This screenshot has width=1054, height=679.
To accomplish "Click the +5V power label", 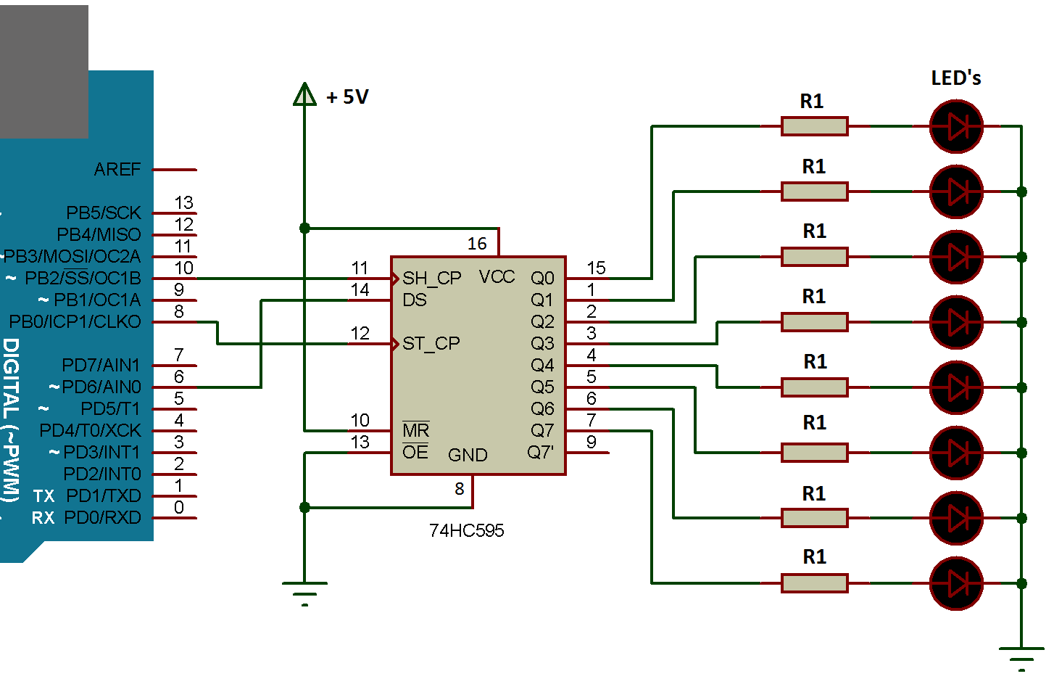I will coord(347,97).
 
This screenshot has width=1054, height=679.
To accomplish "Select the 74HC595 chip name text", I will coord(466,530).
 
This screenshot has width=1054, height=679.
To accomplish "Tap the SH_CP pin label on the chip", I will coord(431,278).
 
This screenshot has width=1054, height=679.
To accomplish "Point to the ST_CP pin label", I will coord(431,343).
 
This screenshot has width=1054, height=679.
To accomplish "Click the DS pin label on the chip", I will coord(415,300).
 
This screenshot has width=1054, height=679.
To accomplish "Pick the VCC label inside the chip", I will coord(497,276).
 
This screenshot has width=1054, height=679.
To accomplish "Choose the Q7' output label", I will coord(540,453).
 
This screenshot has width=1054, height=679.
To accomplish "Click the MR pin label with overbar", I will coord(416,430).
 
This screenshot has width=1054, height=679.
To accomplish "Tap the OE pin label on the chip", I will coord(415,452).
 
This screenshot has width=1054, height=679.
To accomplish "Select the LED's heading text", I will coord(955,78).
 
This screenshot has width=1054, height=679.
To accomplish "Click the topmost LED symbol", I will coord(956,127).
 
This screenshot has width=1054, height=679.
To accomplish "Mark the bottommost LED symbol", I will coord(956,583).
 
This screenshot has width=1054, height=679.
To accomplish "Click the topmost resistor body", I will coord(814,127).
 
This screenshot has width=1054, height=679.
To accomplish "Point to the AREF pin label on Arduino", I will coord(117,169).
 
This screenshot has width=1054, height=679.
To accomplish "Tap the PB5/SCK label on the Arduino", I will coord(104,213).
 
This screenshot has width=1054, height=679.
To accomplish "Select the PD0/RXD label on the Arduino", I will coord(102,518).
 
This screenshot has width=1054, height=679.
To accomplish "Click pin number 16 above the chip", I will coord(477,244).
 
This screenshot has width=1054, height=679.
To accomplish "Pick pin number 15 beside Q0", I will coord(596,268).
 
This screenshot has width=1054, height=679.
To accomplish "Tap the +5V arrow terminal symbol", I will coord(304,94).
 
